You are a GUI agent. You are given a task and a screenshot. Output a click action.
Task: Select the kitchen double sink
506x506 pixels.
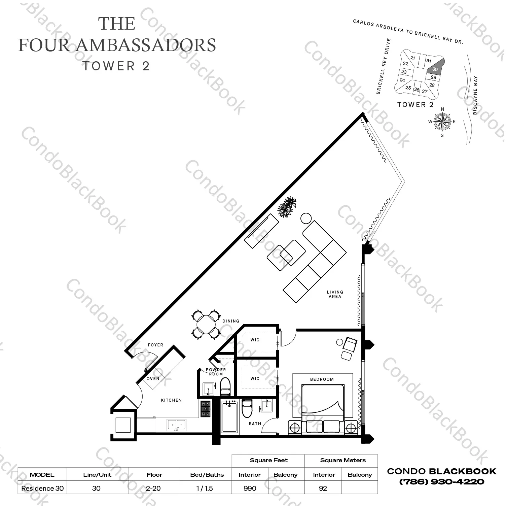click(x=176, y=425)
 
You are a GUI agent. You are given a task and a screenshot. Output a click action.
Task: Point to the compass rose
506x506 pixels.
click(x=442, y=122)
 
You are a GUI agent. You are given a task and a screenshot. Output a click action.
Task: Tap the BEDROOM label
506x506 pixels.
click(x=322, y=379)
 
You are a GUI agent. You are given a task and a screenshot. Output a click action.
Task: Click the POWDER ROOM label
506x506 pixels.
click(x=216, y=372)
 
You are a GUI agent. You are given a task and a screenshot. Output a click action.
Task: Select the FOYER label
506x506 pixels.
click(x=155, y=345)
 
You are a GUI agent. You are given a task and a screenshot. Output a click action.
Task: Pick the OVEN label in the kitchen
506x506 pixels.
click(x=153, y=379)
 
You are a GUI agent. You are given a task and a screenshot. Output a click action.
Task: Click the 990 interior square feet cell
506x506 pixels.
click(x=250, y=488)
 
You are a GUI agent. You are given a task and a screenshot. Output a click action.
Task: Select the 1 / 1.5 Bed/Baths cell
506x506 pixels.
click(x=205, y=488)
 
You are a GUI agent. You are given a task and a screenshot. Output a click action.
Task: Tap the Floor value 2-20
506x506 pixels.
click(x=154, y=488)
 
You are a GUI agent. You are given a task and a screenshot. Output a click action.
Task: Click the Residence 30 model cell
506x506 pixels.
click(x=42, y=488)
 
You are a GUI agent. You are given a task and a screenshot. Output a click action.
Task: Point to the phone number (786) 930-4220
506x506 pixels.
click(x=441, y=482)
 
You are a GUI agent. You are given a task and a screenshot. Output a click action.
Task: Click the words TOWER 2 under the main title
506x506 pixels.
click(x=116, y=66)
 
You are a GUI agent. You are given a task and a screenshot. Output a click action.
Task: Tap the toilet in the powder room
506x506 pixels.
click(x=225, y=386)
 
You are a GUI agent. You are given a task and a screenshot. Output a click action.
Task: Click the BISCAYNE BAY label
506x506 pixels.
click(x=475, y=95)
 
